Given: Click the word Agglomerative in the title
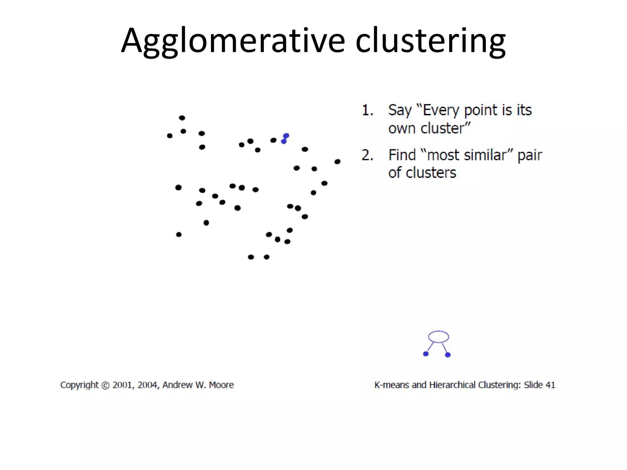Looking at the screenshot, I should click(233, 41).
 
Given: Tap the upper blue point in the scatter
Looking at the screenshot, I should click(286, 136).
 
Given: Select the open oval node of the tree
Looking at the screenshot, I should click(438, 337).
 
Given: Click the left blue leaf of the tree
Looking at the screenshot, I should click(426, 354).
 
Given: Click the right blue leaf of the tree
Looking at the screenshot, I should click(448, 355).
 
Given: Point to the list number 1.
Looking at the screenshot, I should click(367, 110).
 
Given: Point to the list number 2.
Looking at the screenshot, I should click(367, 155).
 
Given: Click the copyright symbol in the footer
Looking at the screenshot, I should click(105, 385).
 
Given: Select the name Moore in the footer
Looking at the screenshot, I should click(221, 385).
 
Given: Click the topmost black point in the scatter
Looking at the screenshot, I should click(182, 118).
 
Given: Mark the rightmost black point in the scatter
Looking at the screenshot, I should click(337, 162).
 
